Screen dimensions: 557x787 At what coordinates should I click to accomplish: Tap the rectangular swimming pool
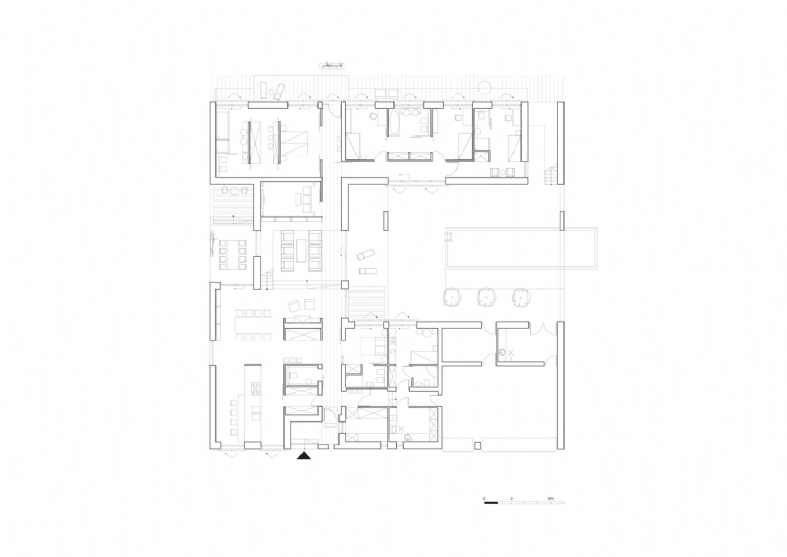point(520,248)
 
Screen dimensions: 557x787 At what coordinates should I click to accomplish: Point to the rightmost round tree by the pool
point(520,296)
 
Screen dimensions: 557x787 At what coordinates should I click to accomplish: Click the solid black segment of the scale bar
point(491,504)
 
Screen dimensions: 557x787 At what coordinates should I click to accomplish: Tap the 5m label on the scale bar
point(552,499)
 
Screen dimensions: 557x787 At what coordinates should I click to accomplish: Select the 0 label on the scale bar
point(484,499)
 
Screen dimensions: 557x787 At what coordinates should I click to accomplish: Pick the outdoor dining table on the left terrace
point(233,253)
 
